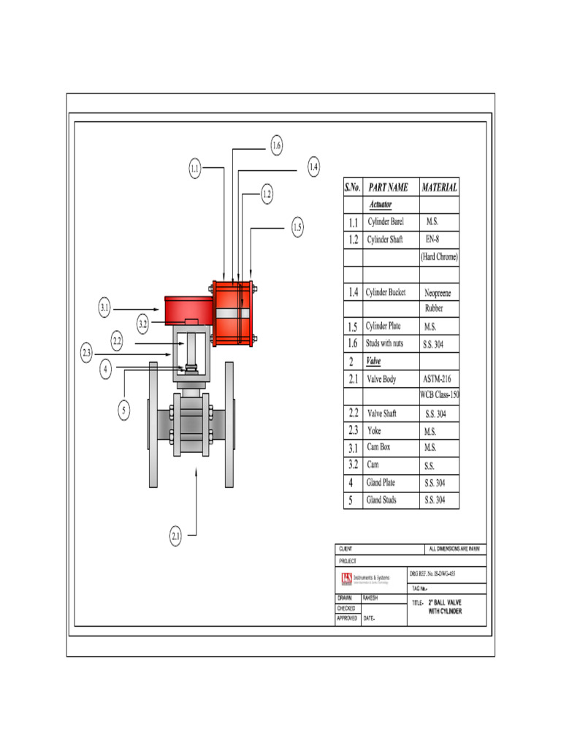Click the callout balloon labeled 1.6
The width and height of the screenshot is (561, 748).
276,146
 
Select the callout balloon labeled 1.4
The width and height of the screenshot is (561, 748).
313,167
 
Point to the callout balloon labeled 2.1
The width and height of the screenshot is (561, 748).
176,537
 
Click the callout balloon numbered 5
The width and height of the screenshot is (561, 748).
124,411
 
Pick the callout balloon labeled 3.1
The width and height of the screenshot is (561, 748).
104,309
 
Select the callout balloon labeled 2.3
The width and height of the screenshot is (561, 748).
87,354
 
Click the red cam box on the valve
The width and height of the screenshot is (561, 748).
188,310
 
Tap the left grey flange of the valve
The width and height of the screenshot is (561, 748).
153,424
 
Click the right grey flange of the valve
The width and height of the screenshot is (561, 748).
229,424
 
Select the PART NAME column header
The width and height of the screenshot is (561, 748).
388,187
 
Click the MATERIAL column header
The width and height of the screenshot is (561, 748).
439,187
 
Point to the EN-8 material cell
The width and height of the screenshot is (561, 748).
432,240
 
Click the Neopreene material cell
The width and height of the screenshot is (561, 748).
438,292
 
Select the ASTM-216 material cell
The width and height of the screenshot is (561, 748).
438,379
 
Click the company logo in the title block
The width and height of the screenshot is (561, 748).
346,579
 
